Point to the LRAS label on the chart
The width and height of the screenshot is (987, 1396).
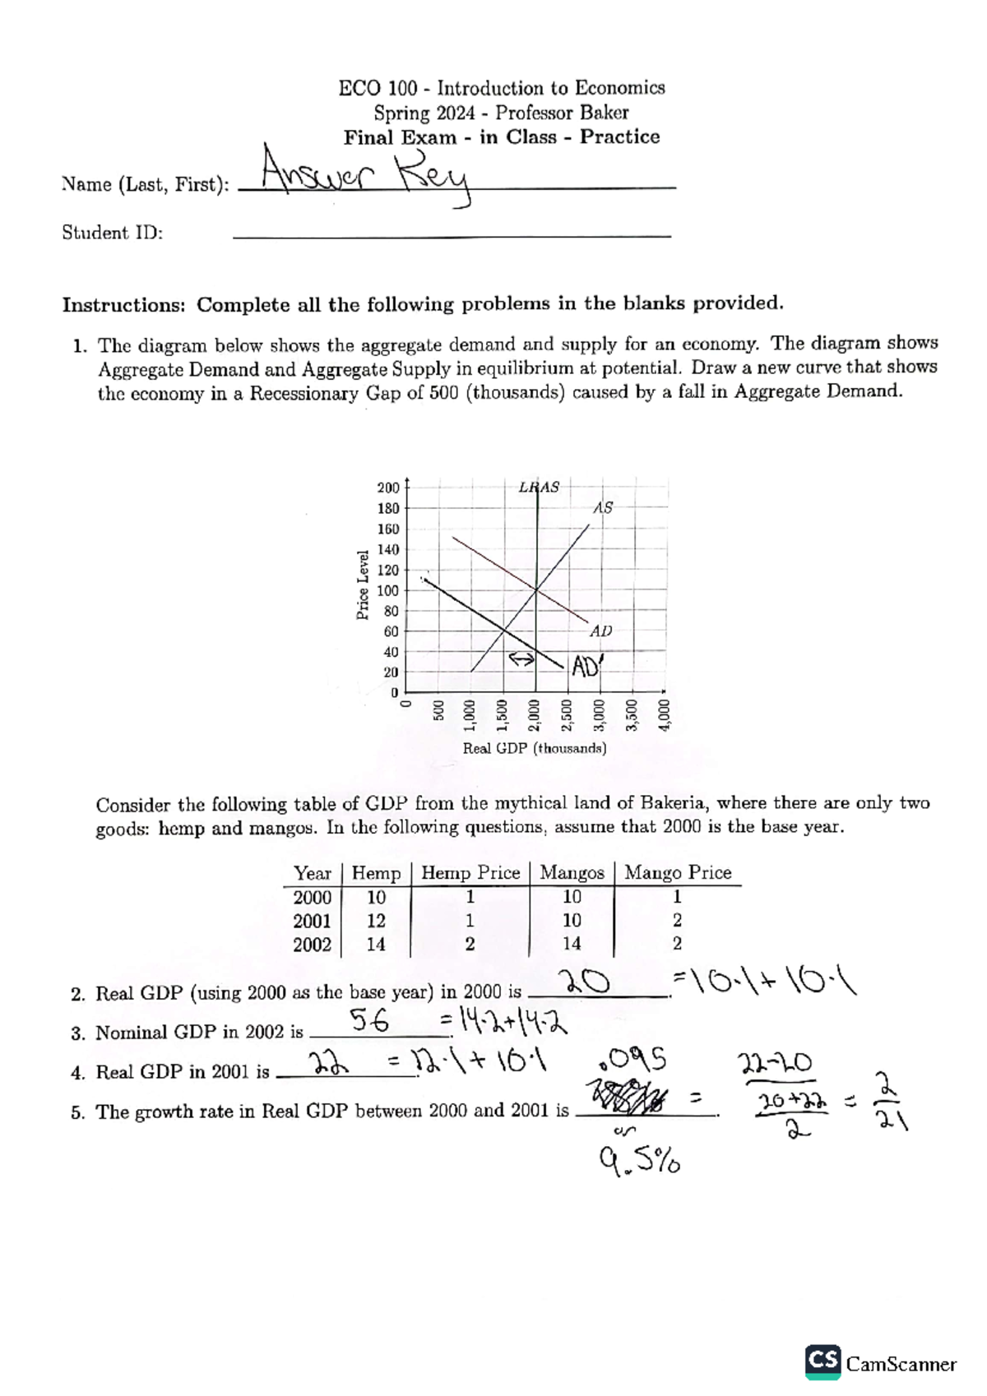539,487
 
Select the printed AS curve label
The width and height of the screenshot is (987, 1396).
603,508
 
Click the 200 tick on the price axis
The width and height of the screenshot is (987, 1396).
388,488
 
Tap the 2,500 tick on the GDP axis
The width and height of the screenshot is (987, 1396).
567,714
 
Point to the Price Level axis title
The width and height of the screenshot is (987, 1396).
363,585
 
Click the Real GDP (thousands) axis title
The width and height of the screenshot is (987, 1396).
535,748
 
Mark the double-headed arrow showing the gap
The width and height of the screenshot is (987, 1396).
520,659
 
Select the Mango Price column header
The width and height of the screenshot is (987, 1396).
678,872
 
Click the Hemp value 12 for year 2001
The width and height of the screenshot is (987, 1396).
376,921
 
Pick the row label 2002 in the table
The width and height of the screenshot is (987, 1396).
313,945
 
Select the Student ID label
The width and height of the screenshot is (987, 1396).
113,233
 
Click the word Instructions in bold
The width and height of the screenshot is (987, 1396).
123,305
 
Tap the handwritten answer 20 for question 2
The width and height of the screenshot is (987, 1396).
585,982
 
